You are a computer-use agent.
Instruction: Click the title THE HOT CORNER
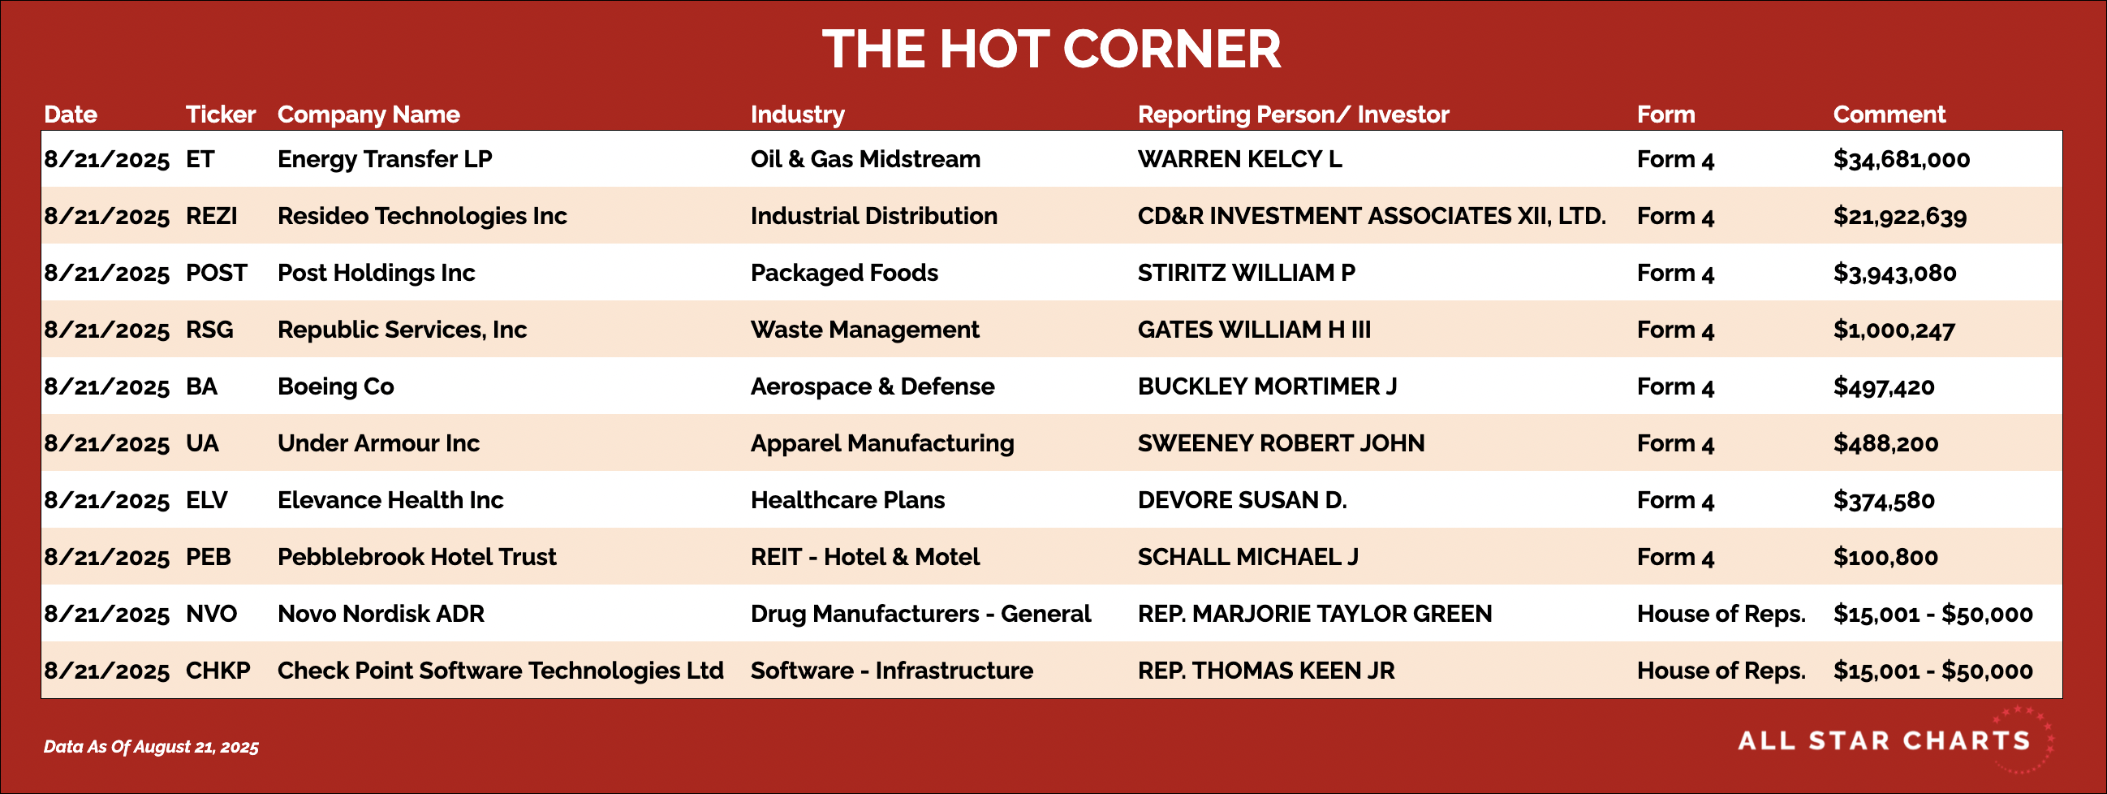click(x=1051, y=49)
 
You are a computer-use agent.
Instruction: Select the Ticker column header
click(x=220, y=114)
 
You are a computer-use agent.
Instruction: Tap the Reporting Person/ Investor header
click(x=1293, y=114)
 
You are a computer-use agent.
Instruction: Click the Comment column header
click(x=1889, y=114)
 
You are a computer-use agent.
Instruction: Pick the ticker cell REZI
click(x=211, y=216)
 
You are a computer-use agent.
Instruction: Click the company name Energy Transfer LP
click(x=385, y=159)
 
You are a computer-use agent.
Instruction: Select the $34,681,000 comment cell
click(x=1901, y=160)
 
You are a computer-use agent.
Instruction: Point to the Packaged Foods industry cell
click(x=844, y=273)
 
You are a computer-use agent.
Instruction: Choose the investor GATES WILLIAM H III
click(x=1254, y=330)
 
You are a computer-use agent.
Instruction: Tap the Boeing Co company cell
click(x=335, y=386)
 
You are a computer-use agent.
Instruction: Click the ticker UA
click(x=202, y=443)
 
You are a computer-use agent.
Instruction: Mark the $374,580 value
click(x=1884, y=501)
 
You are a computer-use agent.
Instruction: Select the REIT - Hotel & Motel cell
click(x=864, y=558)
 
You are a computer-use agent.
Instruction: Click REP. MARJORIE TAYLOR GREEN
click(x=1314, y=614)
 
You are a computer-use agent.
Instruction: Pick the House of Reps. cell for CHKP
click(x=1721, y=671)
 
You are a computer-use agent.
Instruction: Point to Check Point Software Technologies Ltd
click(x=501, y=671)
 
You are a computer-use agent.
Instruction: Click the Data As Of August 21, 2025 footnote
click(x=151, y=747)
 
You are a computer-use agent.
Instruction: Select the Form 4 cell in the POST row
click(x=1675, y=274)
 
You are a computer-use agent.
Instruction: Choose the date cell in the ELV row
click(x=106, y=501)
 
